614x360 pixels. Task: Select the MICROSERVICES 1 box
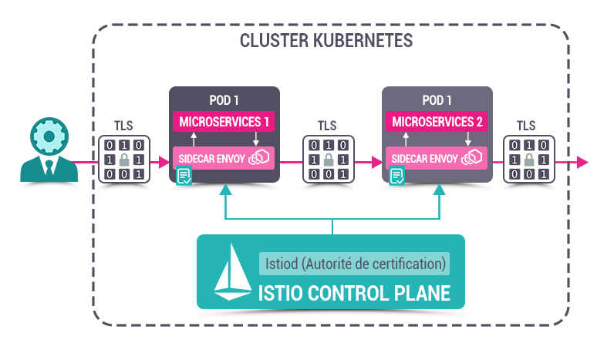[x=224, y=122]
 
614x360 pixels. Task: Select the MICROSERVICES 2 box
[x=437, y=122]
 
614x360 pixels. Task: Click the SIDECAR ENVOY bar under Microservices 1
[x=224, y=158]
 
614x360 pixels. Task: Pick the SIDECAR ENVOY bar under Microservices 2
[x=437, y=158]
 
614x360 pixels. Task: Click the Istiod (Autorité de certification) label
[x=354, y=263]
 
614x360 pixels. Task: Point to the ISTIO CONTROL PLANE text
[x=353, y=292]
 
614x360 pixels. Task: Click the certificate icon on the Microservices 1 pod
[x=184, y=177]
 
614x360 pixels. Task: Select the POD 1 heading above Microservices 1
[x=224, y=101]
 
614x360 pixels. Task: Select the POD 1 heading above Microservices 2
[x=437, y=101]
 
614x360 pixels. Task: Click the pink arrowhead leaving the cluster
[x=582, y=162]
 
